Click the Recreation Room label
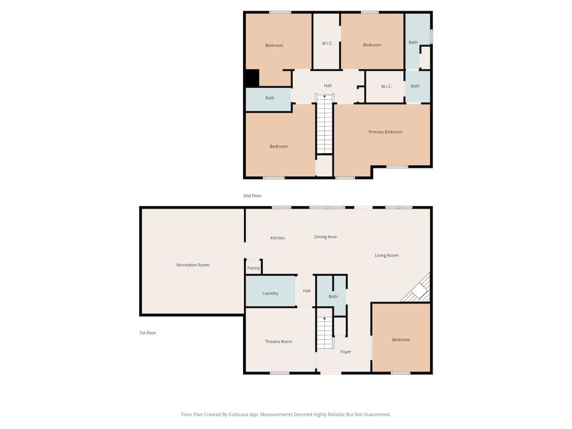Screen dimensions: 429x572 click(193, 265)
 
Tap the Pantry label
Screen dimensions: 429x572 click(253, 268)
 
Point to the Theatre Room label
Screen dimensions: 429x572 click(278, 341)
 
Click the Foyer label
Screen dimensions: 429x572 click(345, 352)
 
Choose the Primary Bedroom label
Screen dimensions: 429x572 click(385, 132)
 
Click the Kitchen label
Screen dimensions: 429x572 click(278, 238)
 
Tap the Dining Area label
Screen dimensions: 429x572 click(325, 237)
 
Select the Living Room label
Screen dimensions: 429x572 click(387, 255)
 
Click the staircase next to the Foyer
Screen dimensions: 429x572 click(325, 333)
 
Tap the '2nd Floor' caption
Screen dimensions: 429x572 click(252, 196)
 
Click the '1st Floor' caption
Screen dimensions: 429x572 click(148, 333)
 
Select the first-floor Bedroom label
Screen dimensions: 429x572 click(401, 340)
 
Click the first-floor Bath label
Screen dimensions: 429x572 click(333, 296)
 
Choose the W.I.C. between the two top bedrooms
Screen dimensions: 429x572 click(327, 43)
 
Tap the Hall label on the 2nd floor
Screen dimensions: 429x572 click(328, 85)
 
